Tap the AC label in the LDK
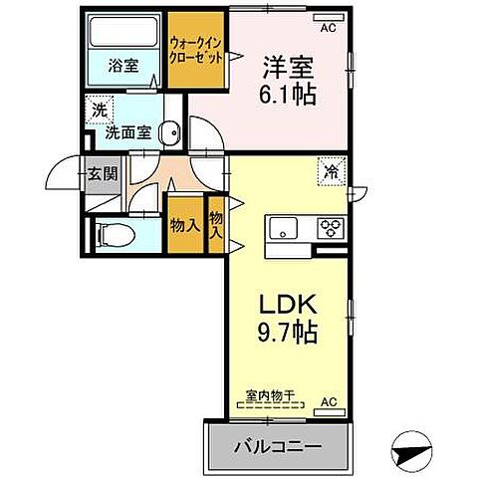coord(328,401)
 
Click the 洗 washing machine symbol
coord(99,109)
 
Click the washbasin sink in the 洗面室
coord(171,129)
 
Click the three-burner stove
coord(330,228)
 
